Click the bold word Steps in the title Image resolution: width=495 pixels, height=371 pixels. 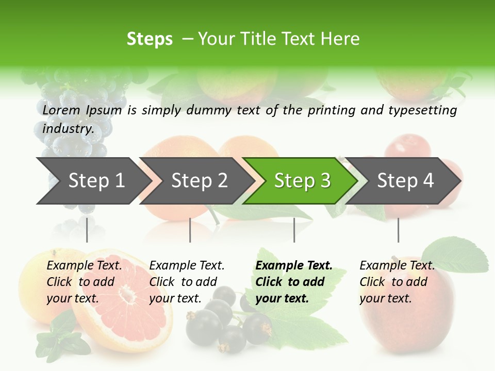(150, 39)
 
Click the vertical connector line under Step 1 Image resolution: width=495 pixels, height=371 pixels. (87, 230)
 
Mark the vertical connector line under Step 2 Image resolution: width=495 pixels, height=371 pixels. (190, 230)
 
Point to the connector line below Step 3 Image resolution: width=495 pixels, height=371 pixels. (294, 230)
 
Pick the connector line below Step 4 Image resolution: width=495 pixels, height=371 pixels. (398, 230)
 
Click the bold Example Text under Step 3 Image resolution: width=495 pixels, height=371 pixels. (294, 265)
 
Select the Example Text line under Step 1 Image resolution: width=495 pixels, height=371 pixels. (84, 265)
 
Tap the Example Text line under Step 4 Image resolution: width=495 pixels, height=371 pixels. (397, 265)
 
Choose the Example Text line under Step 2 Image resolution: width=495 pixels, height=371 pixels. (187, 265)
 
